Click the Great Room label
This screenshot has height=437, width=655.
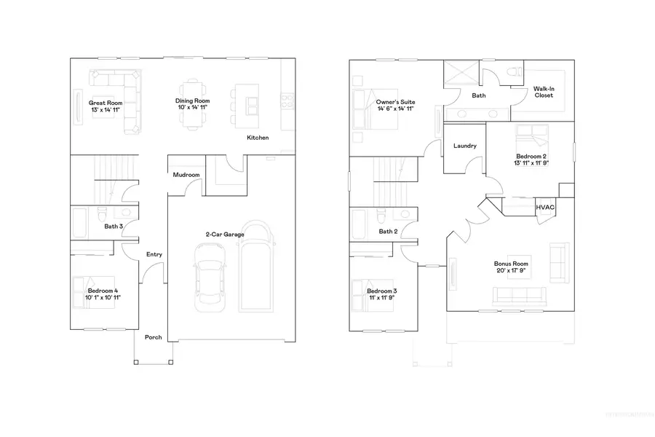(106, 103)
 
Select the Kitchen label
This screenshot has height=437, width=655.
(258, 138)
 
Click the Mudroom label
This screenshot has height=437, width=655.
(186, 175)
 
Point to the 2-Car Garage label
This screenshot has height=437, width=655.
(224, 234)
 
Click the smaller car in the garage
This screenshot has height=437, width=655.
(208, 276)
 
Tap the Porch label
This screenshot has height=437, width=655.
(153, 337)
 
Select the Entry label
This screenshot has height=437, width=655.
(154, 254)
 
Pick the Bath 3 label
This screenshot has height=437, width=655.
(114, 227)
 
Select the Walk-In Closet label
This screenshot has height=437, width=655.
(543, 91)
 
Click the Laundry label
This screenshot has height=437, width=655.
(464, 146)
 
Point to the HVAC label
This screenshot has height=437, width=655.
(545, 208)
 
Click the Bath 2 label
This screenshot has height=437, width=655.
(388, 232)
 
